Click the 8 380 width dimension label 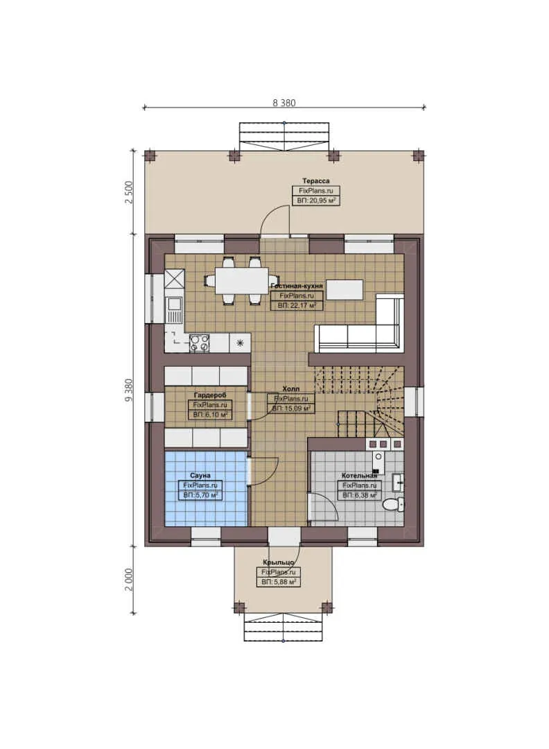(284, 102)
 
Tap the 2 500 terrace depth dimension (129, 192)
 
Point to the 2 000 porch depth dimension (129, 579)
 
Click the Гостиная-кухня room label (296, 286)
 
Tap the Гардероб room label (209, 395)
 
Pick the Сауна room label (200, 476)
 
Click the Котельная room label (358, 476)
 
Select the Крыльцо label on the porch (279, 562)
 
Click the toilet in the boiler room (393, 504)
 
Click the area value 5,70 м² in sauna (200, 495)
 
